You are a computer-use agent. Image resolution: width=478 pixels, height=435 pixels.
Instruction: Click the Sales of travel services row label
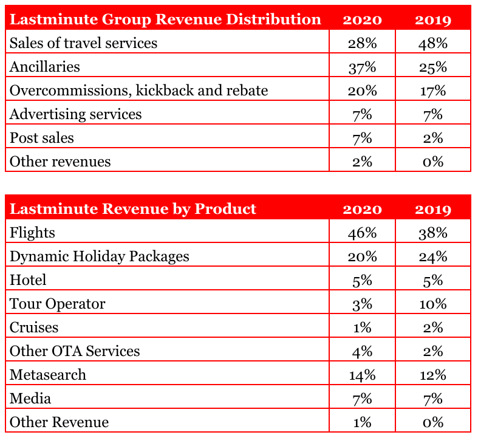[x=83, y=43]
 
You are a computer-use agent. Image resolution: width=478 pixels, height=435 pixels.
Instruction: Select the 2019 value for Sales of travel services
[x=432, y=43]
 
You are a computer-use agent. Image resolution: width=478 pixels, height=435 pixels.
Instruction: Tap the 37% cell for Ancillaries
[x=362, y=67]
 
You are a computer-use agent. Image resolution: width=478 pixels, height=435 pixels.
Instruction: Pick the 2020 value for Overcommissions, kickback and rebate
[x=362, y=91]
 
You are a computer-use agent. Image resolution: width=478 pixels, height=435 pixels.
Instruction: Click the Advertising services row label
[x=75, y=114]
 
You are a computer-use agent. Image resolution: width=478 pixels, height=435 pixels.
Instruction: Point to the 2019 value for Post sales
[x=432, y=138]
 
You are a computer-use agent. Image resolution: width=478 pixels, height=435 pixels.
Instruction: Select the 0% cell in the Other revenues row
[x=432, y=162]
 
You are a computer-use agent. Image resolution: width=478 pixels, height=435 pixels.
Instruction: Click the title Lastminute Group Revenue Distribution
[x=165, y=19]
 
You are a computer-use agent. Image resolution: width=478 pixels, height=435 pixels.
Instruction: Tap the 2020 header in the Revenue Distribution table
[x=362, y=19]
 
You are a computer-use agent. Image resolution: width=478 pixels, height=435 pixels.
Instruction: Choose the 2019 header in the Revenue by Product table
[x=432, y=209]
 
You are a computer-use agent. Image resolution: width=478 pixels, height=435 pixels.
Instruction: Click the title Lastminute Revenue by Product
[x=133, y=209]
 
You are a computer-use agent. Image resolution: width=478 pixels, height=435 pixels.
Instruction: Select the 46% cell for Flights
[x=362, y=233]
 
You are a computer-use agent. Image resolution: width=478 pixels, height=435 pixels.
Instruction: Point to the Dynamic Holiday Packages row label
[x=99, y=256]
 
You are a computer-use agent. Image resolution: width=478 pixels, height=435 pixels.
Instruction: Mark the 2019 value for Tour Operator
[x=432, y=304]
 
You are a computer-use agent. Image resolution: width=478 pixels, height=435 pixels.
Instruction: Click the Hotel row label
[x=28, y=280]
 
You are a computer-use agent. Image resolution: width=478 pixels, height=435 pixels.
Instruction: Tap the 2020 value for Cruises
[x=362, y=327]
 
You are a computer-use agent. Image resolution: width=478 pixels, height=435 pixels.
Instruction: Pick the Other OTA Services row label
[x=75, y=351]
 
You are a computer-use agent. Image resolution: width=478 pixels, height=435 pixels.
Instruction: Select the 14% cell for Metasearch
[x=362, y=375]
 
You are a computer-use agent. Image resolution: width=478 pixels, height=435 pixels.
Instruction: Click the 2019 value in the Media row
[x=432, y=399]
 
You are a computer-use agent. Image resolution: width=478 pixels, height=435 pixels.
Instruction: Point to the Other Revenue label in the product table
[x=59, y=422]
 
